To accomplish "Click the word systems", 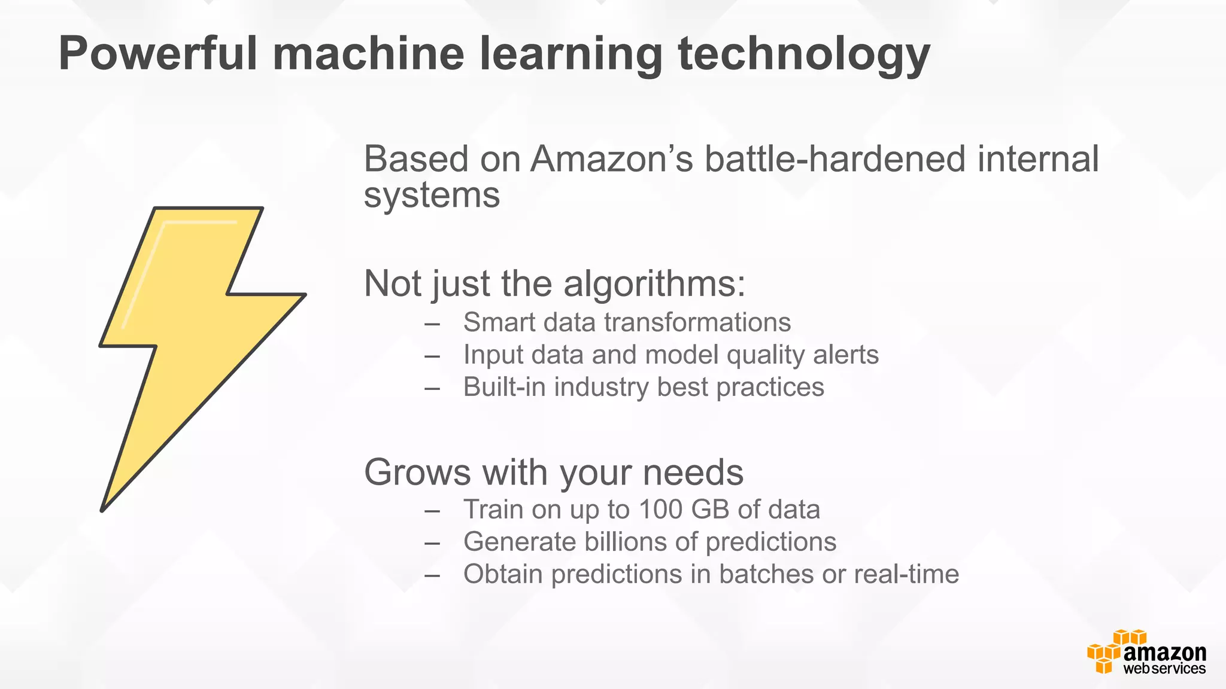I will pyautogui.click(x=432, y=196).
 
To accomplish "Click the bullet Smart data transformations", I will pyautogui.click(x=627, y=322).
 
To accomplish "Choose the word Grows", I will pyautogui.click(x=418, y=472).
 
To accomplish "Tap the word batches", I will pyautogui.click(x=766, y=574).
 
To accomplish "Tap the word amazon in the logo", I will pyautogui.click(x=1164, y=653).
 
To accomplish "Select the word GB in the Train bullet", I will pyautogui.click(x=710, y=510).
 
